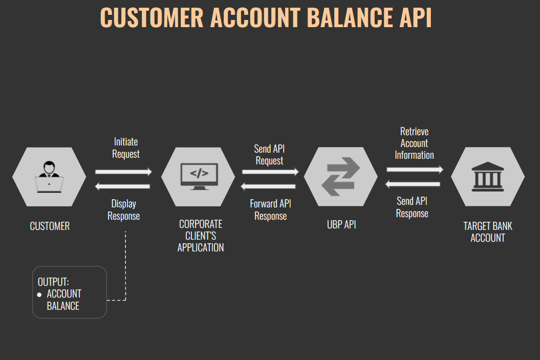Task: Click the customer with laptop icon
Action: (x=49, y=177)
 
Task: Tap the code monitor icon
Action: (x=199, y=177)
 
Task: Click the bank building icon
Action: (x=488, y=177)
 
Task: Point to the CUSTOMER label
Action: (x=50, y=226)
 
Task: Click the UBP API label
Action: (x=341, y=224)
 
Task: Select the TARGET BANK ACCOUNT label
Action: (x=488, y=232)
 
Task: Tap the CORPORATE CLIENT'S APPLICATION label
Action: (x=201, y=236)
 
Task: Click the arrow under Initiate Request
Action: (x=123, y=172)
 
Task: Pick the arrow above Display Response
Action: (x=123, y=186)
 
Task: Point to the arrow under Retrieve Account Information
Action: (x=415, y=170)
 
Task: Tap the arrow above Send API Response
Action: (x=413, y=184)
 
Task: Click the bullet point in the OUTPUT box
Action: (x=39, y=295)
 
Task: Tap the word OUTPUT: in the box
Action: (x=53, y=282)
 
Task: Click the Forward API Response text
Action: (x=270, y=210)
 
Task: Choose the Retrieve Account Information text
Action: (x=415, y=143)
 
